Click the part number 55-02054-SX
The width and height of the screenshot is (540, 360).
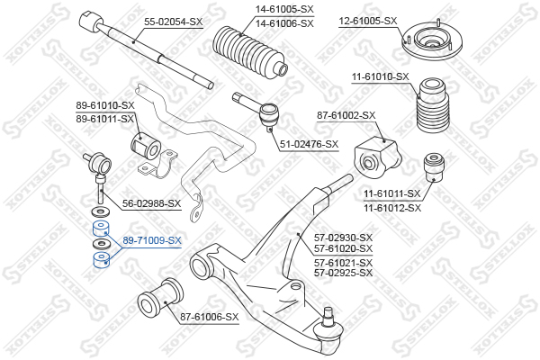point(173,22)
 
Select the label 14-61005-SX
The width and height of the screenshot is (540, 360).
point(284,9)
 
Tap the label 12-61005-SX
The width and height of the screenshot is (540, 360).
point(368,21)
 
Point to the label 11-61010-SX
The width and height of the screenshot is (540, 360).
point(380,76)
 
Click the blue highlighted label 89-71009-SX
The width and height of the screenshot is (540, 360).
point(152,240)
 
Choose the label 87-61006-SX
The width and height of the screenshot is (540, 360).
point(210,317)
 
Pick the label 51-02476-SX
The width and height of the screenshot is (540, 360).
point(309,144)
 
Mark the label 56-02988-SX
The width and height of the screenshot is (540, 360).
point(151,203)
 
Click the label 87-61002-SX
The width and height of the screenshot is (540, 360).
point(346,115)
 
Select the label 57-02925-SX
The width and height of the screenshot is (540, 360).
point(343,273)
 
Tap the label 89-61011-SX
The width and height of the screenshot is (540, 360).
point(104,119)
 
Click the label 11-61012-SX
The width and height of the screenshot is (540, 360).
point(392,208)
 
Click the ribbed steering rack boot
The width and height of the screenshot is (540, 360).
point(250,51)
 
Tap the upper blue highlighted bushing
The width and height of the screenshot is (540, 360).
point(101,229)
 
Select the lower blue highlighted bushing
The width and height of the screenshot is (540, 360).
point(101,260)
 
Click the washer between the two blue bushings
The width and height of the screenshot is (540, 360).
point(101,244)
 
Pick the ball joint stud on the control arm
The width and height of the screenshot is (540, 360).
point(328,313)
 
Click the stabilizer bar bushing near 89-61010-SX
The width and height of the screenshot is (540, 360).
point(146,146)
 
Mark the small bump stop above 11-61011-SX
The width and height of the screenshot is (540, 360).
point(434,167)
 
